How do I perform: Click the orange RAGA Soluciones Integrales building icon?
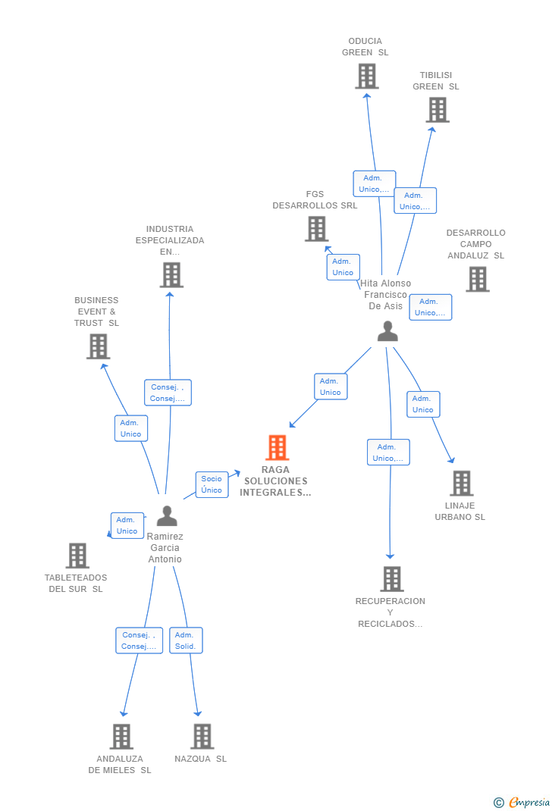278,448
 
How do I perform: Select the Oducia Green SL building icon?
367,76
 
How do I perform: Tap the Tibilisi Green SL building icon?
437,110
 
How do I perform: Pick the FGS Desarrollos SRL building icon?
316,229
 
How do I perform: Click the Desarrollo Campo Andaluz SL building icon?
477,279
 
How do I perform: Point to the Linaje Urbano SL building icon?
461,483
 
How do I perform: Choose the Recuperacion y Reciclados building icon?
391,579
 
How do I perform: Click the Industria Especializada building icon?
171,274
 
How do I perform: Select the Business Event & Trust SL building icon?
98,346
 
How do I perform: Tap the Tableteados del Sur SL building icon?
77,556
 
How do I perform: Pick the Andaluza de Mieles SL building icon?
121,736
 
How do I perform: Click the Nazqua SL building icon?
202,736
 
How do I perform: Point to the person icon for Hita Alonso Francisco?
387,331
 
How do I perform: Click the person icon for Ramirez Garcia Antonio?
167,516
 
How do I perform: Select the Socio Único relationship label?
212,484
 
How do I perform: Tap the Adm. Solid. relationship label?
186,640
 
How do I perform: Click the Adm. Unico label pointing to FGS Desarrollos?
343,267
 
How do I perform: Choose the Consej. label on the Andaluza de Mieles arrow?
139,640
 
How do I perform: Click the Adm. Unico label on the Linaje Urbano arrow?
422,404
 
